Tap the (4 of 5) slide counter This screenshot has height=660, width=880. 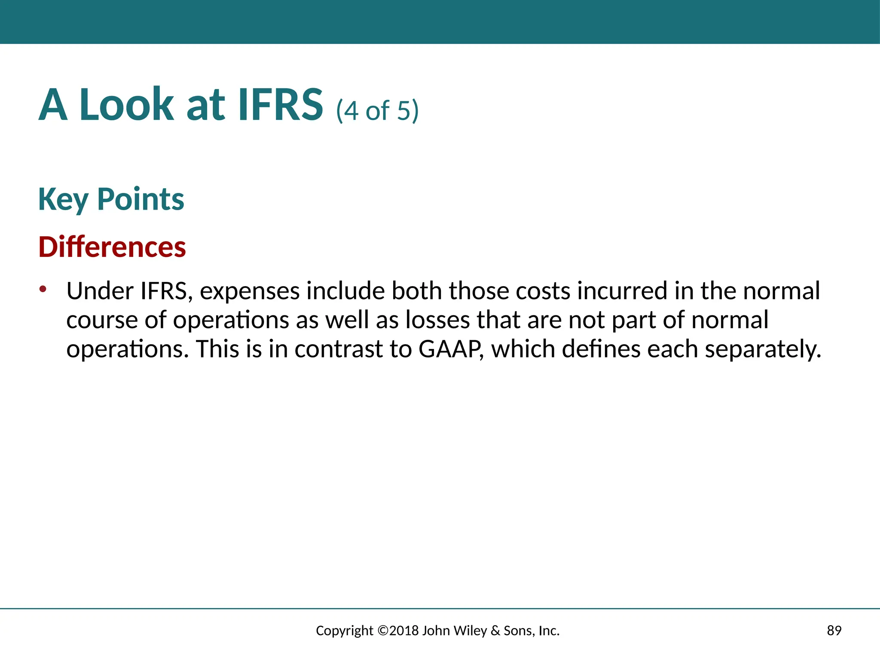(377, 110)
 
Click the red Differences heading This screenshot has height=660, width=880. (112, 247)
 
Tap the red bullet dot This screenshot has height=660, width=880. (42, 289)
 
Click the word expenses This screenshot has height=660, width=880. (250, 292)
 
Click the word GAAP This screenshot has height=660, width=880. (449, 349)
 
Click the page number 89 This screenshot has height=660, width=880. (834, 631)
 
